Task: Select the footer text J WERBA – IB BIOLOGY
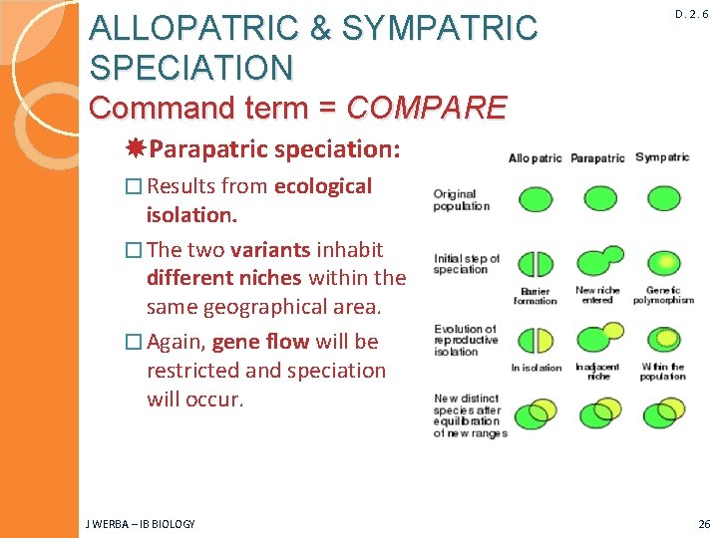(x=141, y=524)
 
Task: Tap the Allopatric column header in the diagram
(x=536, y=157)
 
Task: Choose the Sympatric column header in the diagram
(x=662, y=157)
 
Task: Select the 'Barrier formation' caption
(x=535, y=296)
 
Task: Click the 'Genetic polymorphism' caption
(x=663, y=296)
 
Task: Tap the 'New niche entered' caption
(x=598, y=296)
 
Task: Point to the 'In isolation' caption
(x=536, y=368)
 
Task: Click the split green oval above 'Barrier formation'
(x=537, y=264)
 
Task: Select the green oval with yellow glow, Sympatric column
(x=663, y=264)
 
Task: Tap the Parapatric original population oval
(x=599, y=198)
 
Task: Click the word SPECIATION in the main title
(x=191, y=67)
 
